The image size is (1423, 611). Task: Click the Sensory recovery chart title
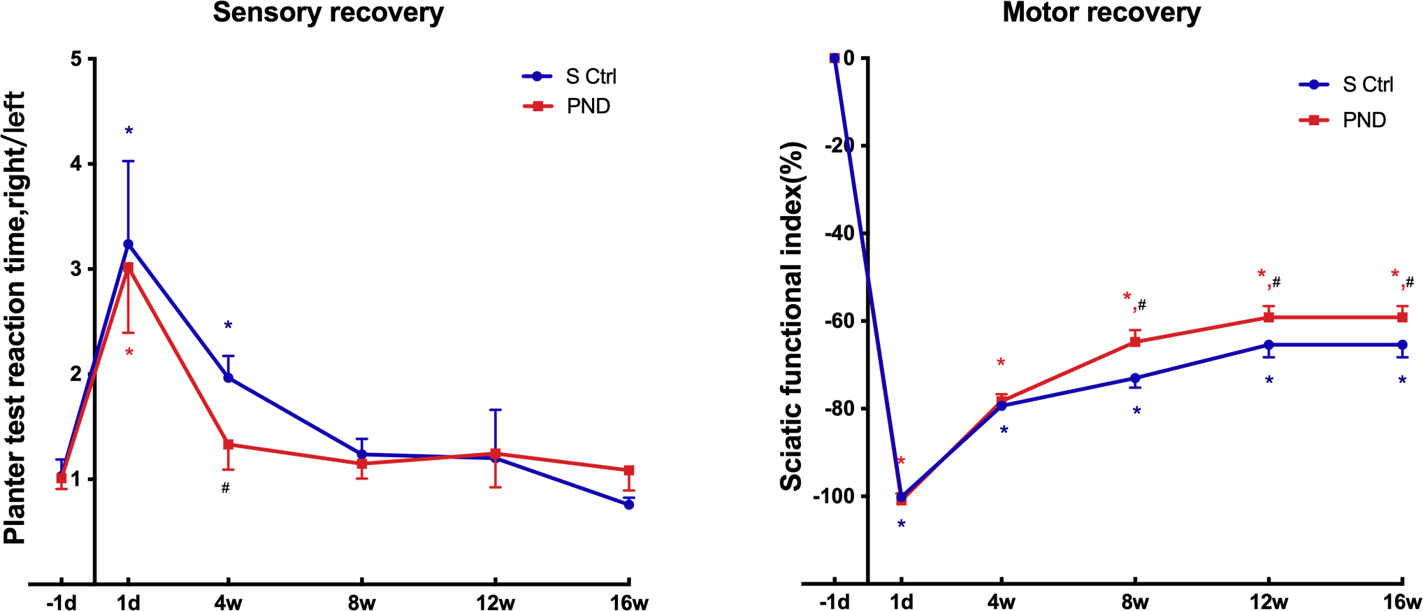[x=328, y=13]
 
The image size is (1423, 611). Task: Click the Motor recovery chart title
[x=1101, y=13]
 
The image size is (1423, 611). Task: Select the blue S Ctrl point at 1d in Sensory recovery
[x=128, y=244]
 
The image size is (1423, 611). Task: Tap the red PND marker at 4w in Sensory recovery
[x=228, y=445]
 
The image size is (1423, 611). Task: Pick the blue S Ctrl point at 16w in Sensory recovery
[x=629, y=504]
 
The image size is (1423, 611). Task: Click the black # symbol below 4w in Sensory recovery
[x=225, y=488]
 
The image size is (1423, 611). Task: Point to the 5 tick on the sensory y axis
[x=76, y=59]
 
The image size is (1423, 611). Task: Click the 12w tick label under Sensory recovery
[x=495, y=602]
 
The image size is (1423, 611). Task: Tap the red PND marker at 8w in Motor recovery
[x=1135, y=342]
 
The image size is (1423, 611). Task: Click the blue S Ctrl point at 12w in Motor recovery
[x=1269, y=345]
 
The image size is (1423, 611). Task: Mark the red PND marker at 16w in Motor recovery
[x=1402, y=317]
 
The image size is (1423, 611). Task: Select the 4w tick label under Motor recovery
[x=1001, y=602]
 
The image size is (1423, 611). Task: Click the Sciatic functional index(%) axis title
[x=792, y=316]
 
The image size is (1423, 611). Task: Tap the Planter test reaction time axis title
[x=15, y=318]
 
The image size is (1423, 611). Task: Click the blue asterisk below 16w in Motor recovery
[x=1402, y=381]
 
